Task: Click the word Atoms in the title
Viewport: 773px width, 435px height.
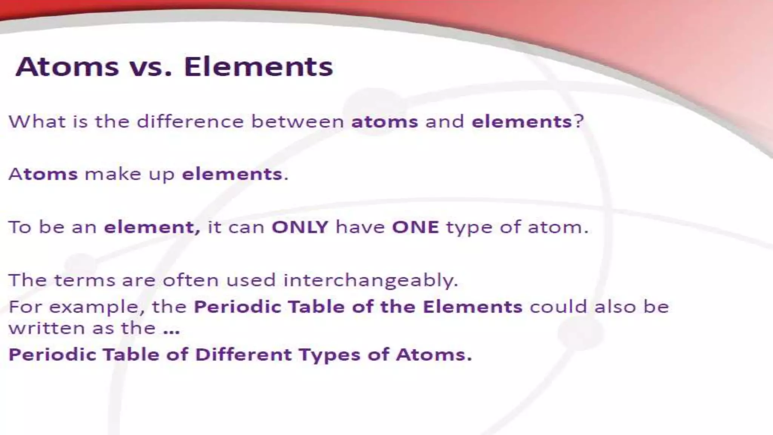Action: (67, 67)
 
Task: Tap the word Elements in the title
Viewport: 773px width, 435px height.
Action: (259, 67)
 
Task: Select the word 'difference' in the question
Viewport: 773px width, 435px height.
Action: (190, 122)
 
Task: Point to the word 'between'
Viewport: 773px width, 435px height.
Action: (297, 122)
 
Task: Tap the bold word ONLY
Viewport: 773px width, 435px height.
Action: (300, 227)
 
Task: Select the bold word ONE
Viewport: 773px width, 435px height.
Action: (415, 227)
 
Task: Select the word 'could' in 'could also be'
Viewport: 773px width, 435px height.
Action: (558, 307)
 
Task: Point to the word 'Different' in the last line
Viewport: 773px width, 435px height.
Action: (243, 355)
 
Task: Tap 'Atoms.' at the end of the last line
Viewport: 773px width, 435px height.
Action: (434, 355)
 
